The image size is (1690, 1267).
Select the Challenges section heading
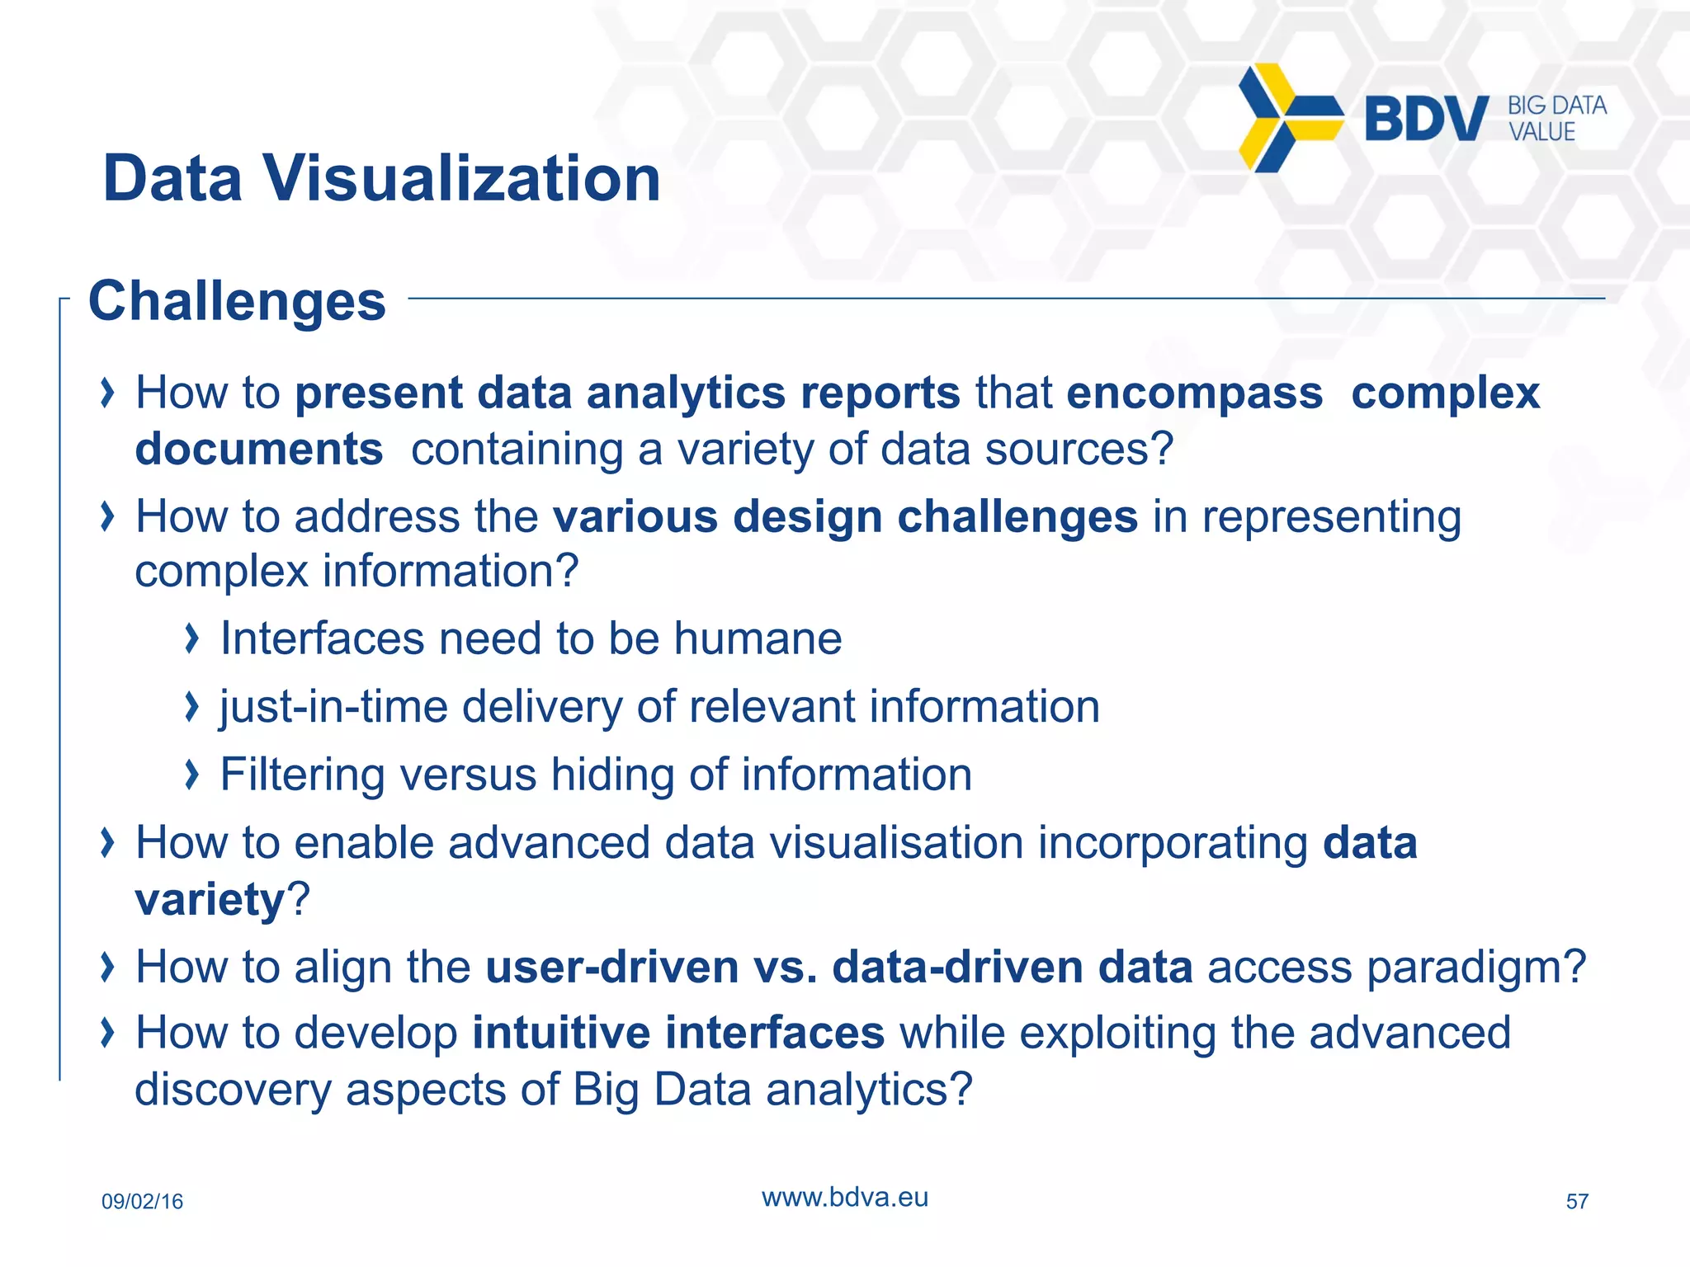(x=237, y=301)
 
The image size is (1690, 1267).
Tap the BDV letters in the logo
(x=1427, y=120)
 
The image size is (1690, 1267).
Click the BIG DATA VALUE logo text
(x=1556, y=119)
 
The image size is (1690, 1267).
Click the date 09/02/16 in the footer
(x=142, y=1201)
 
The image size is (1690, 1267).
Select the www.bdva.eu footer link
(x=845, y=1197)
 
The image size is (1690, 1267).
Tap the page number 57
(x=1577, y=1201)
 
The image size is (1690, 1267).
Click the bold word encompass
(x=1194, y=393)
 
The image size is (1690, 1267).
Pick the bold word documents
(x=259, y=450)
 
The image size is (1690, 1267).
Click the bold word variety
(x=210, y=900)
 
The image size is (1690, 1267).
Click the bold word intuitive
(x=561, y=1034)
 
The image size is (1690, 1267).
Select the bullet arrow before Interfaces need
(x=192, y=638)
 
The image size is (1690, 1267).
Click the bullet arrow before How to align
(x=107, y=966)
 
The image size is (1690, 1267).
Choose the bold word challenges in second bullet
(x=1017, y=517)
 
